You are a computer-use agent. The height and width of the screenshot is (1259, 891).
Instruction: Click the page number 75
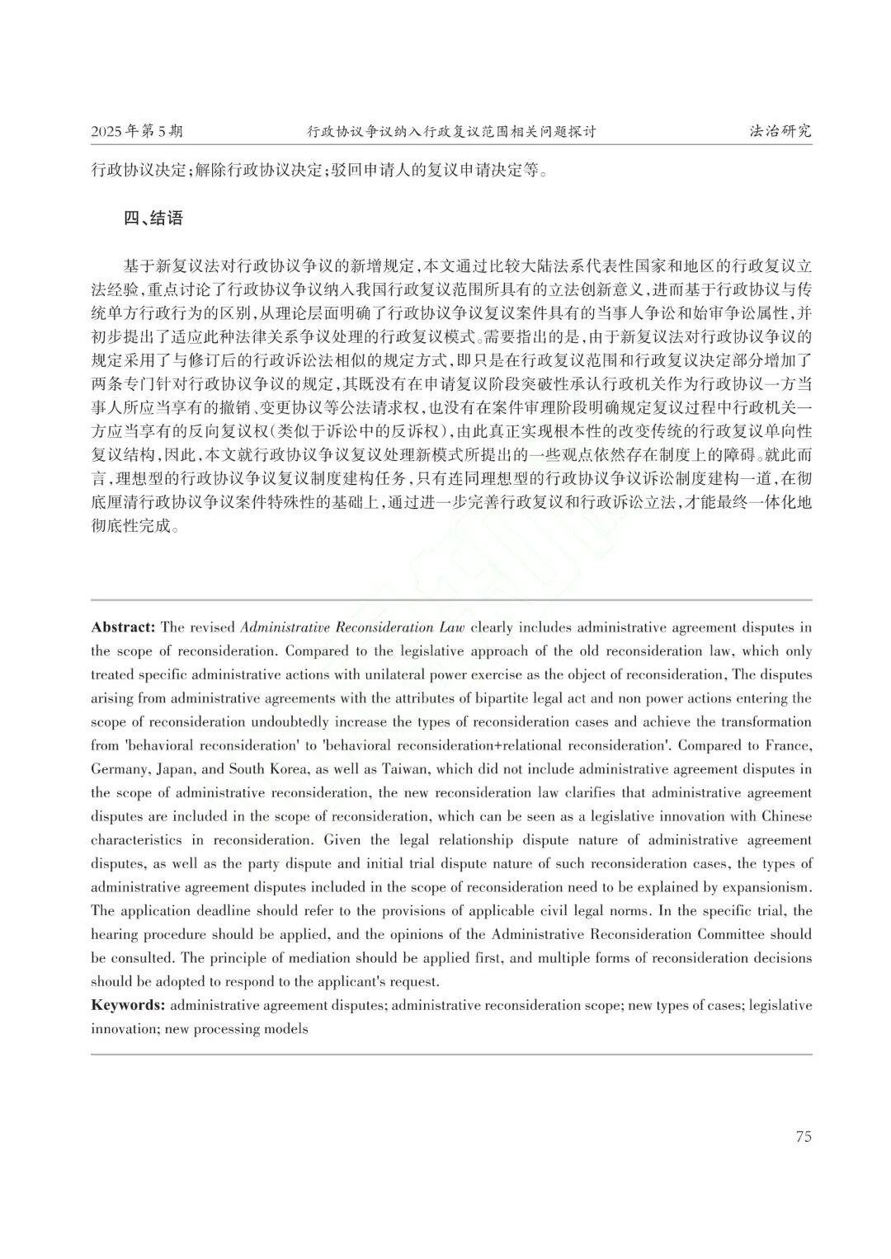[x=804, y=1136]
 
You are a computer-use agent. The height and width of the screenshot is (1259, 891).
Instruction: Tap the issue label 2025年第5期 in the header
[x=137, y=131]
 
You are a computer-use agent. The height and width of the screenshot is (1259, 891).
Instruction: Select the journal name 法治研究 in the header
[x=780, y=131]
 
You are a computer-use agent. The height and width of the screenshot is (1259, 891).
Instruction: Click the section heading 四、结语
[x=153, y=218]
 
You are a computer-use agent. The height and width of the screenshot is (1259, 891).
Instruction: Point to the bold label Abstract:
[x=123, y=627]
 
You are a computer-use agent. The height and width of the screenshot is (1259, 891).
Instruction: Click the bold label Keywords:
[x=128, y=1005]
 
